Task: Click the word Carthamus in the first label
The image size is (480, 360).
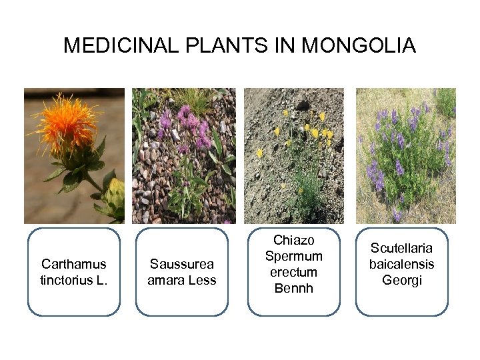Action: tap(73, 264)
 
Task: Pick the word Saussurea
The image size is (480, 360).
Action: tap(182, 264)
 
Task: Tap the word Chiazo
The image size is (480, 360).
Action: tap(293, 240)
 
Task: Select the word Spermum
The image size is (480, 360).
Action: tap(293, 256)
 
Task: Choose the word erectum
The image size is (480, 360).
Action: tap(293, 272)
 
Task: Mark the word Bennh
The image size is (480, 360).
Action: tap(293, 288)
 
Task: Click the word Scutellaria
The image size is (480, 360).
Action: tap(402, 248)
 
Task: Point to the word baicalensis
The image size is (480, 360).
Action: tap(402, 264)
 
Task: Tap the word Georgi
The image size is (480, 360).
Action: tap(402, 280)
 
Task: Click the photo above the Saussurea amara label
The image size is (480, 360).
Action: tap(183, 156)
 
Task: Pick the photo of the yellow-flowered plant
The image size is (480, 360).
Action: tap(293, 156)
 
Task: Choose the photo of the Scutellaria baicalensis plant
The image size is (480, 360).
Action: tap(405, 156)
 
